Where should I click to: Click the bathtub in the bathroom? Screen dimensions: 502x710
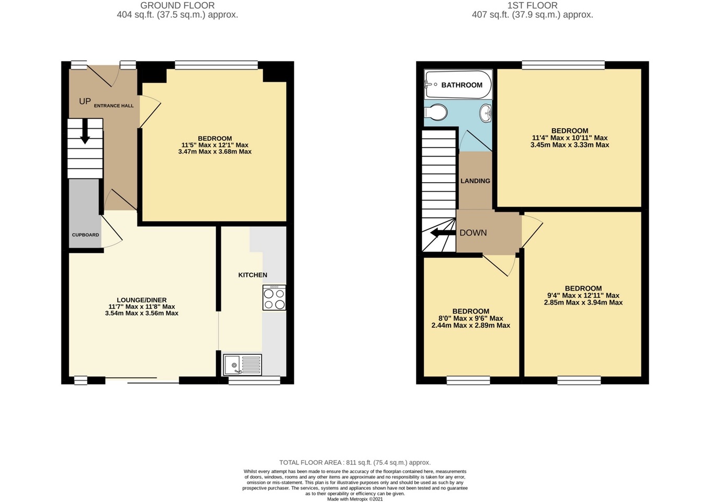[458, 85]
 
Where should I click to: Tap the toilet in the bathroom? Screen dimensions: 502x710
[436, 112]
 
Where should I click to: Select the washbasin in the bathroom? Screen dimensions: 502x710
[486, 113]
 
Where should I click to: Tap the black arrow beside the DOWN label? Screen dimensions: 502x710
[436, 233]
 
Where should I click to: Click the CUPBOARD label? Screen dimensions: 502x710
[85, 235]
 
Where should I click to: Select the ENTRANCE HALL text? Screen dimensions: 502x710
[114, 106]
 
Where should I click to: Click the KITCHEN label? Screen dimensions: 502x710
[253, 275]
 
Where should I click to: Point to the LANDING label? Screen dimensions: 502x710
[475, 181]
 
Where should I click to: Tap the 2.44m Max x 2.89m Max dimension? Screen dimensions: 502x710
[470, 326]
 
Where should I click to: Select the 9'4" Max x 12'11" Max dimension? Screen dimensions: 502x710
[583, 295]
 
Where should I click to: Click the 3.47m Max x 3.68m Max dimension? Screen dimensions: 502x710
[215, 152]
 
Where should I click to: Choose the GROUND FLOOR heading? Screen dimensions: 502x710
[177, 6]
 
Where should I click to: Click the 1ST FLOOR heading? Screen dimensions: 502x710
[532, 6]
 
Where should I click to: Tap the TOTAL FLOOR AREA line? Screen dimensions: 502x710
[355, 463]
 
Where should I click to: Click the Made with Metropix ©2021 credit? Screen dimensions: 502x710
[355, 499]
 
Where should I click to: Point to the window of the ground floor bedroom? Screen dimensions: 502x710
[216, 65]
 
